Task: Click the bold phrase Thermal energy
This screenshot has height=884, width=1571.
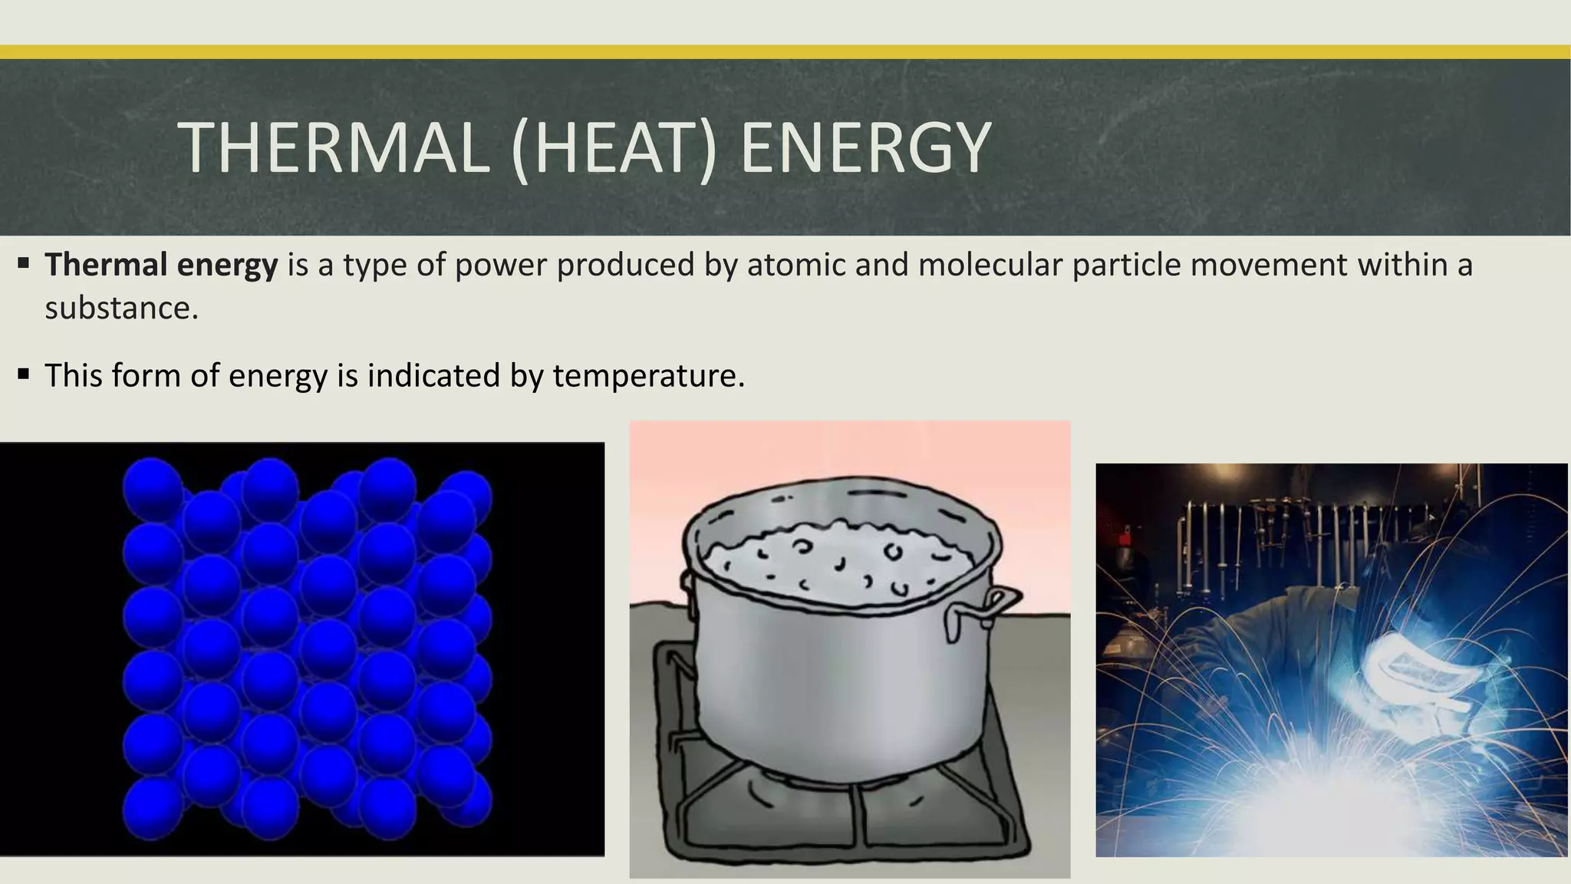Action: point(161,265)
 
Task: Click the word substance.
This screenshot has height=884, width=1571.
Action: point(121,308)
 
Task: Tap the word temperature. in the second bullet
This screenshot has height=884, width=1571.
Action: point(648,376)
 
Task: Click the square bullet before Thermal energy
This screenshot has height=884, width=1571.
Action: point(23,264)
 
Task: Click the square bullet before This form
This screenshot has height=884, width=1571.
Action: point(23,374)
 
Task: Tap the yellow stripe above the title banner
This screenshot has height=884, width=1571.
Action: point(785,52)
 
